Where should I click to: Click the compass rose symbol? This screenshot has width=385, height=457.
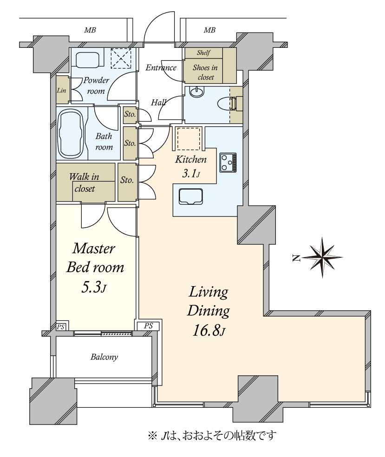[x=322, y=257]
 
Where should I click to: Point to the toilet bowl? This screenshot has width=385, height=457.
[x=227, y=103]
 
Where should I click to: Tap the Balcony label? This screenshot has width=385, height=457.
[x=104, y=357]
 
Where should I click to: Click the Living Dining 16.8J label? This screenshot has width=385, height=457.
[x=208, y=311]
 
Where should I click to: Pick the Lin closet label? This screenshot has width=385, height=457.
[x=61, y=91]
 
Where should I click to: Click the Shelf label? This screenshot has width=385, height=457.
[x=203, y=53]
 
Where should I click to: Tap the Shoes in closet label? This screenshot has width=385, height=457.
[x=205, y=72]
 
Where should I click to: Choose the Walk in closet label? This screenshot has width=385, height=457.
[x=84, y=183]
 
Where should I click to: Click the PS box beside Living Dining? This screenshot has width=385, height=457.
[x=148, y=326]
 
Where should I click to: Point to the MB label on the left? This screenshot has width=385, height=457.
[x=90, y=30]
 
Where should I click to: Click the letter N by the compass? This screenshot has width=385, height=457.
[x=297, y=258]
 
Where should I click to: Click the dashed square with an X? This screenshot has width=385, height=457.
[x=121, y=59]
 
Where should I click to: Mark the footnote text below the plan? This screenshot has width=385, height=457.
[x=212, y=436]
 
